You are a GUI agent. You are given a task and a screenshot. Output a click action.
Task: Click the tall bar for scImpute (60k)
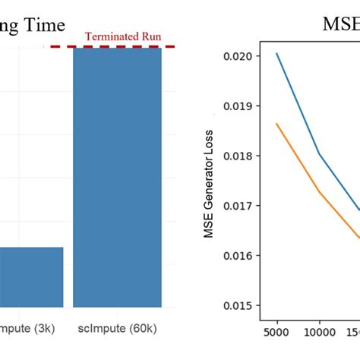117,175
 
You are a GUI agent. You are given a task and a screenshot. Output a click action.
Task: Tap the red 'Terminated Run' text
122,36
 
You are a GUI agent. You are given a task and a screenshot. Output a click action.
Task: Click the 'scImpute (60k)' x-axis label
117,329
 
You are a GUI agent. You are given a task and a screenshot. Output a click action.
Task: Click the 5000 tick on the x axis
277,332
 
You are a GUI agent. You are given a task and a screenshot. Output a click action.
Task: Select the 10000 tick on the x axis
319,332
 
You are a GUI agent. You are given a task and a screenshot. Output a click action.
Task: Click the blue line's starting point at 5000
277,53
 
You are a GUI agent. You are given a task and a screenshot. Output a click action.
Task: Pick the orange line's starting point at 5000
277,123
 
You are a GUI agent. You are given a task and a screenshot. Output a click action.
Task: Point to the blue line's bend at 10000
319,154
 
